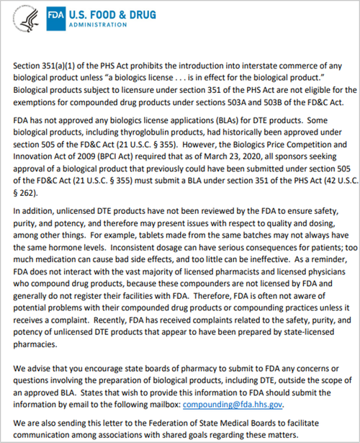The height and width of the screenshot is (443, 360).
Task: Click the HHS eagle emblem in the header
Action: pyautogui.click(x=26, y=20)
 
